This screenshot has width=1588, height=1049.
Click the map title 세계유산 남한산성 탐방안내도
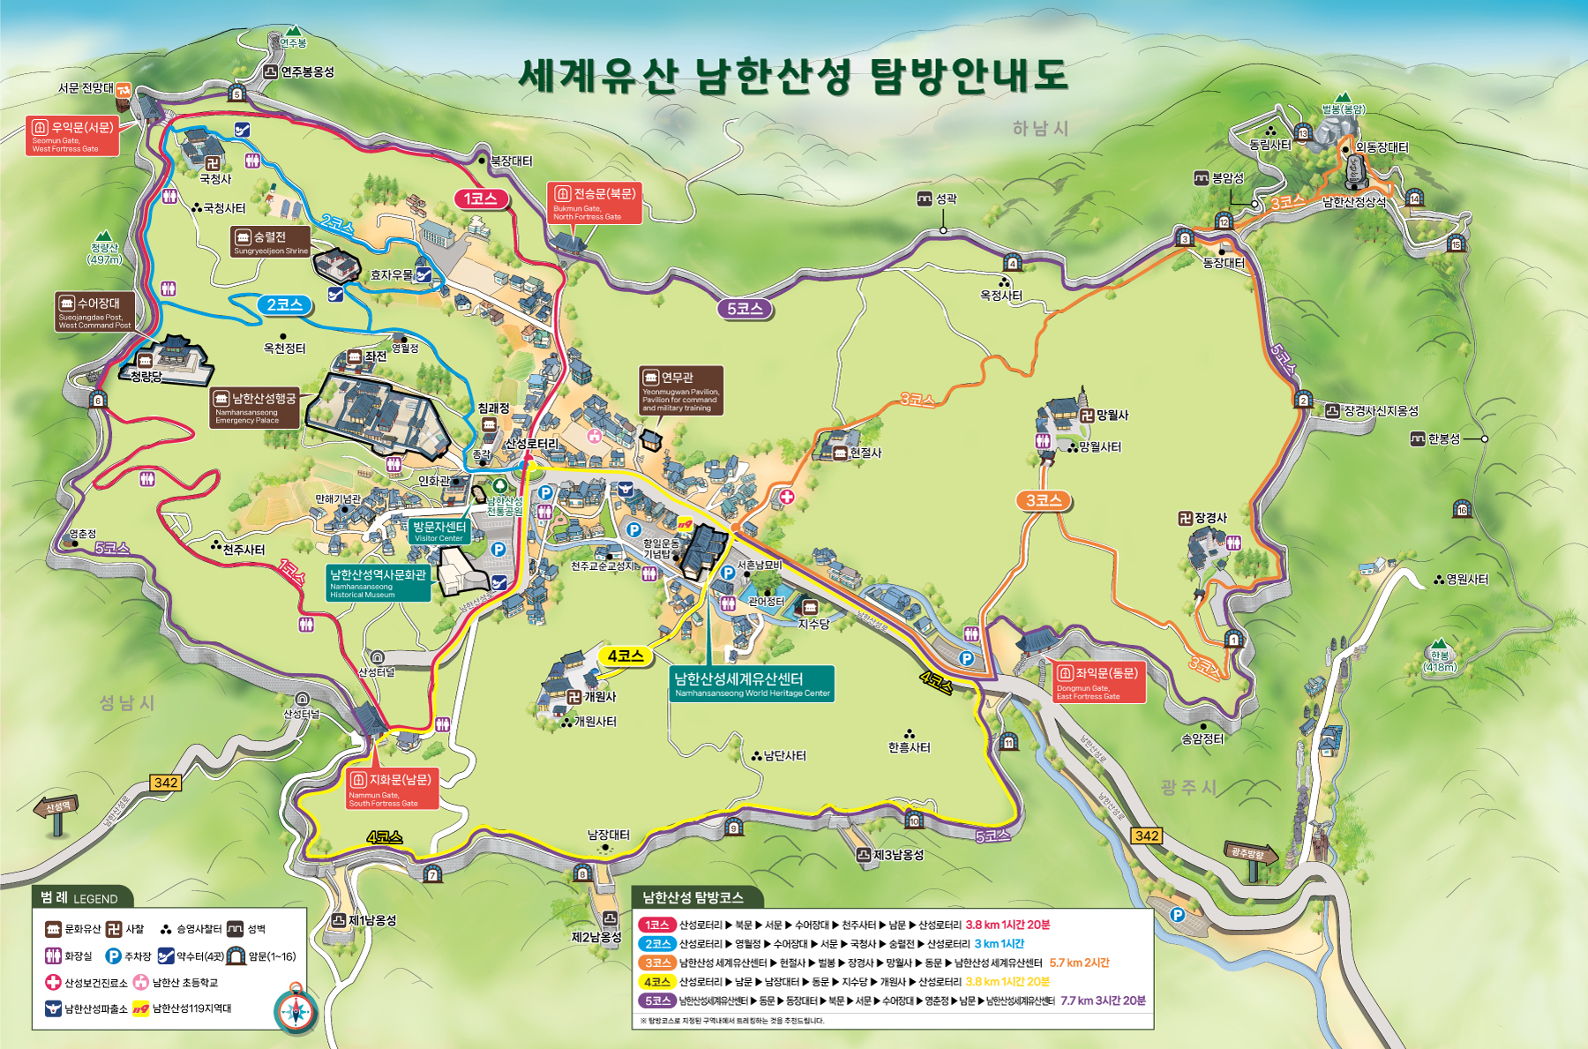(x=793, y=76)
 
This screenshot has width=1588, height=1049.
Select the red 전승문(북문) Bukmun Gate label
(x=594, y=203)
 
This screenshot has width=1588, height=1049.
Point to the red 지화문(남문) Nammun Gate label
(x=391, y=789)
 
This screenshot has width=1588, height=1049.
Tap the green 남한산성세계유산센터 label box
(x=752, y=684)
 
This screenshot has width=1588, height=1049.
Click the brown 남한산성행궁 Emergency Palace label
(x=255, y=408)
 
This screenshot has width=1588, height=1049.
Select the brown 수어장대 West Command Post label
(x=94, y=311)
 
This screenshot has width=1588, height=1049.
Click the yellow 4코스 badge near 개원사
(x=625, y=656)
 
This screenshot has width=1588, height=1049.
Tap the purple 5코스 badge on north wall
(x=745, y=309)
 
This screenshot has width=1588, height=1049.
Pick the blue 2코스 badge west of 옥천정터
(x=285, y=304)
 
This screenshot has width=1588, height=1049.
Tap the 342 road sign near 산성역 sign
(x=166, y=782)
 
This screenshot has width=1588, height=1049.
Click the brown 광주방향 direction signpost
(x=1249, y=854)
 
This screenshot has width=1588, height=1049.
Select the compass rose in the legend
(x=296, y=1011)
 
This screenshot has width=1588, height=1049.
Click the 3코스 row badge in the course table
(x=656, y=963)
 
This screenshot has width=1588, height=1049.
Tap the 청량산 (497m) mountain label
(x=104, y=253)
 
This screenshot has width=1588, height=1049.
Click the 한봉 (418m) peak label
(x=1440, y=661)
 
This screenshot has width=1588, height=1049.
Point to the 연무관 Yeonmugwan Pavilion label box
(x=680, y=390)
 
